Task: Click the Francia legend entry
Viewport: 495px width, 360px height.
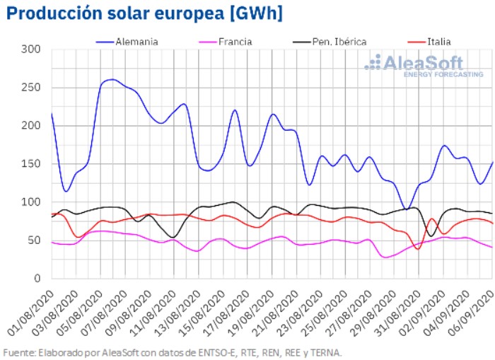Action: coord(230,42)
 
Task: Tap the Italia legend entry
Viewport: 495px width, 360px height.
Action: coord(433,42)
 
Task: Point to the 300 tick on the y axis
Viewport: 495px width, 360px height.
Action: coord(31,50)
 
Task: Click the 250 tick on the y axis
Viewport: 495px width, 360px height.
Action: coord(31,88)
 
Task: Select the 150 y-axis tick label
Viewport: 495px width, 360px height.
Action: coord(31,164)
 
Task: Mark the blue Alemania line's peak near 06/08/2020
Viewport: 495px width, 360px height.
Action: coord(112,79)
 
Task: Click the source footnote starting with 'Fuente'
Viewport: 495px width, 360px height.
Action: coord(173,352)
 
